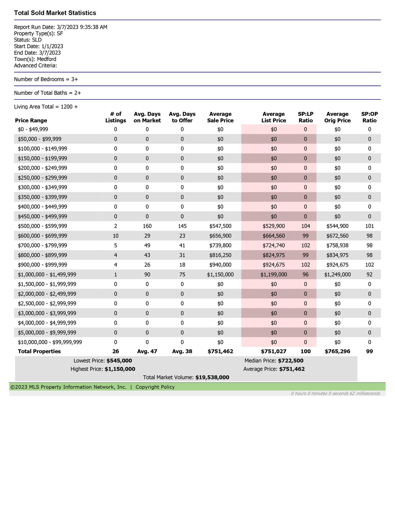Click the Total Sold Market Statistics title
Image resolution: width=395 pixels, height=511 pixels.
[55, 13]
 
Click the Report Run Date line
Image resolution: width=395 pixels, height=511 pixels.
[61, 27]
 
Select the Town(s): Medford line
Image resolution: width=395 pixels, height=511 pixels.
[35, 59]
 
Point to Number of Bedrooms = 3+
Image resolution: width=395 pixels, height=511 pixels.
[46, 79]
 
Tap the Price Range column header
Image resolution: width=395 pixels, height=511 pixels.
[31, 120]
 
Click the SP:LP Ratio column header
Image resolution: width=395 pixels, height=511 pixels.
[305, 117]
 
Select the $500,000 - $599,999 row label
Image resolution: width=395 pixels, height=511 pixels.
[42, 226]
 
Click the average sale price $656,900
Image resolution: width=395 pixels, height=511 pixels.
[220, 236]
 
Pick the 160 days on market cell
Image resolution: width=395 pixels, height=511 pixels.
[147, 226]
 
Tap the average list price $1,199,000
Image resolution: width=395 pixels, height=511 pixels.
[274, 274]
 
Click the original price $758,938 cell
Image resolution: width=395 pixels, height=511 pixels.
[337, 245]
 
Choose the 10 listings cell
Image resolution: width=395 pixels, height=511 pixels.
[116, 236]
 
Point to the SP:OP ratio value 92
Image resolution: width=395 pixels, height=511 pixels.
[369, 274]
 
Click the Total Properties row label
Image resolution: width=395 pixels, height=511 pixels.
[39, 351]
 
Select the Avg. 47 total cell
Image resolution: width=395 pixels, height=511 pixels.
[147, 351]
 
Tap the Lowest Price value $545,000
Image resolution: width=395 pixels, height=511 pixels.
[119, 361]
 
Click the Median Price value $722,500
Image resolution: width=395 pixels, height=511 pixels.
[291, 361]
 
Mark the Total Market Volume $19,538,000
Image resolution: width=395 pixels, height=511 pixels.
[212, 378]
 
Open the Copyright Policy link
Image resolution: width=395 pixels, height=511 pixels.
[155, 387]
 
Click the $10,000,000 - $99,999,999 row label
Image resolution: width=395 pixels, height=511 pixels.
[50, 342]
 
